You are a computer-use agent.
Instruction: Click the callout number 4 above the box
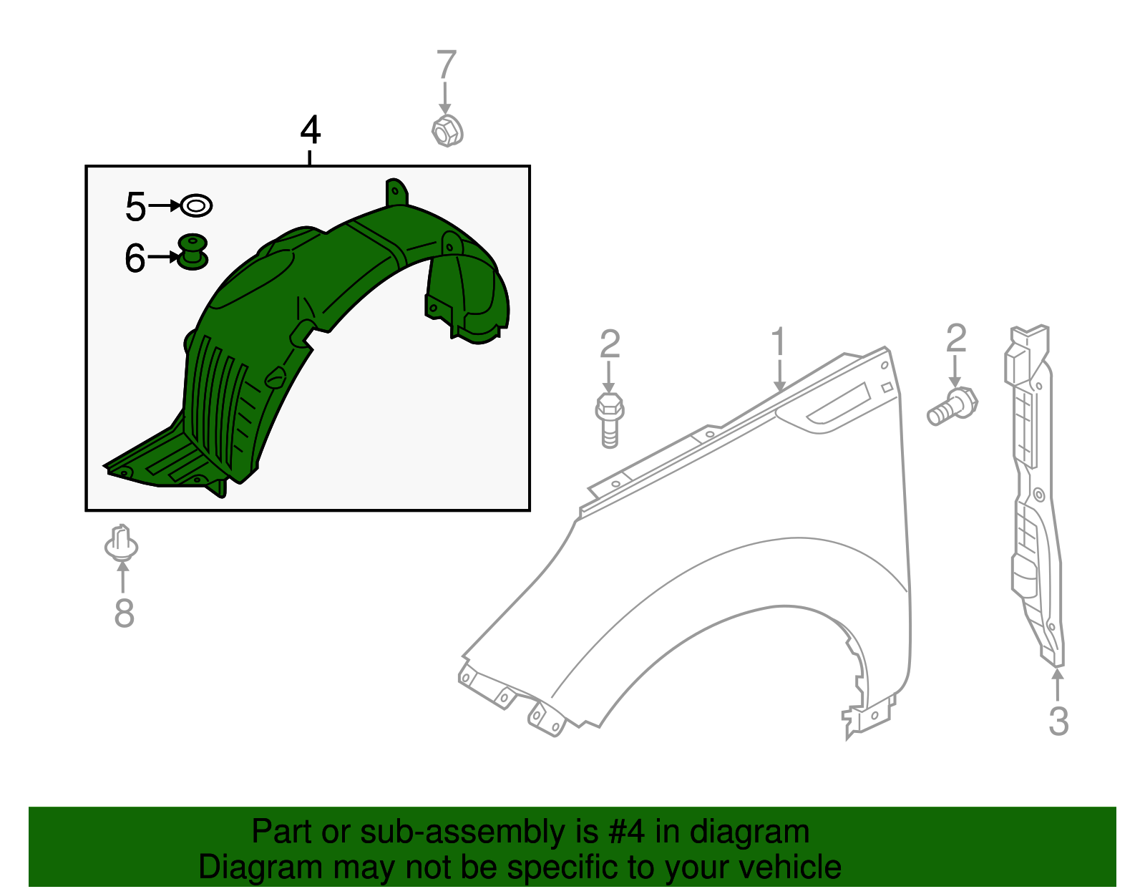coord(311,131)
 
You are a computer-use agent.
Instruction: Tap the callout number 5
coord(135,207)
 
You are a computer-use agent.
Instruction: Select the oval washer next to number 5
coord(196,206)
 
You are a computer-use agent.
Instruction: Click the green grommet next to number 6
coord(193,252)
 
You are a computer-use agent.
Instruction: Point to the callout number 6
coord(135,258)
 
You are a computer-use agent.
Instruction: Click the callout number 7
coord(447,65)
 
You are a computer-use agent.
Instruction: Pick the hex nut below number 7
coord(447,131)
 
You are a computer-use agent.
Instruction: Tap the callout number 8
coord(124,613)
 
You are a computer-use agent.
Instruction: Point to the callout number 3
coord(1058,721)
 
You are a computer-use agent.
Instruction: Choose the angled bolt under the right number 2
coord(952,407)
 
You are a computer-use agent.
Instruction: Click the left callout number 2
coord(610,344)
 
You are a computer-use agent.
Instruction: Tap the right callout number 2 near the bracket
coord(956,339)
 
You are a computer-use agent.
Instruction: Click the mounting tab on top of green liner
coord(396,193)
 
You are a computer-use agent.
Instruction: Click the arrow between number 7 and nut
coord(446,98)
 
